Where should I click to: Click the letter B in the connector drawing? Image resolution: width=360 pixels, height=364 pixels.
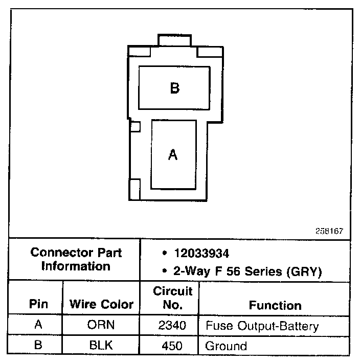coord(174,88)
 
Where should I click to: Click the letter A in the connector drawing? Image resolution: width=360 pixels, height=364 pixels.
coord(173,154)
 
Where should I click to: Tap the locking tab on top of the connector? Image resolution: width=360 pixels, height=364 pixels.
coord(175,40)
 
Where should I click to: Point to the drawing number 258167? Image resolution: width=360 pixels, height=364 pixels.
coord(329,231)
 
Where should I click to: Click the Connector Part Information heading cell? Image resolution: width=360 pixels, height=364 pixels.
coord(76,259)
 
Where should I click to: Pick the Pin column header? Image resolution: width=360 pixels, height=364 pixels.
coord(38,305)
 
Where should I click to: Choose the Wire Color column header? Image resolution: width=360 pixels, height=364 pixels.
coord(101,305)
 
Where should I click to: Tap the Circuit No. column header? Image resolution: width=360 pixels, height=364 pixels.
coord(173,298)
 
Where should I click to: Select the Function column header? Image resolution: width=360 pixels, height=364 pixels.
coord(275,305)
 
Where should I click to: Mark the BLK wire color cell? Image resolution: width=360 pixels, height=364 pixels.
coord(101,346)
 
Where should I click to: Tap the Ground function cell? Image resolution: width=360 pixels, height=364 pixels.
coord(226,346)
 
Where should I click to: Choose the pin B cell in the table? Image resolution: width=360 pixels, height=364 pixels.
coord(38,346)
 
